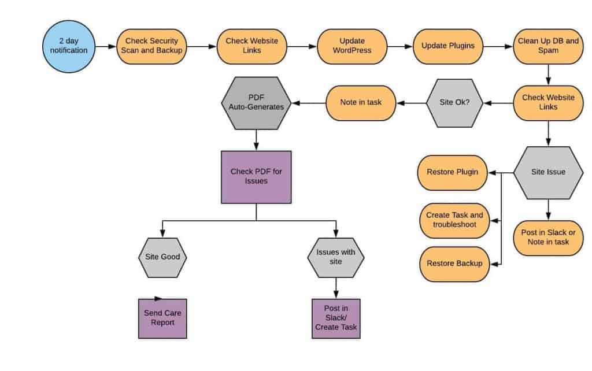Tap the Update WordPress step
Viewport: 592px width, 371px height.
351,46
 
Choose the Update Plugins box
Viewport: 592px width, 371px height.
448,46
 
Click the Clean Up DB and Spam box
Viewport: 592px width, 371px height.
548,46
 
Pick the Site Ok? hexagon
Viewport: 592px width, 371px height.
454,103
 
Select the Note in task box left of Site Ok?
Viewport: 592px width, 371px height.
361,103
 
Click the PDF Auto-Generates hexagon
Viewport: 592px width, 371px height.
256,103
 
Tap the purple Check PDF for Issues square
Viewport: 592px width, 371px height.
256,177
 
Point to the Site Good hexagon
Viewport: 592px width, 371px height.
162,257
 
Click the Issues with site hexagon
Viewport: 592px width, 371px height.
336,257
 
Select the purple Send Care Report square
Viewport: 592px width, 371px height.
162,318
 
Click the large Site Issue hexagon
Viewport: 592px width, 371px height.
548,172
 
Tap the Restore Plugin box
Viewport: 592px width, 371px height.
452,172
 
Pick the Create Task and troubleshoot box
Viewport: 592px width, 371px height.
454,220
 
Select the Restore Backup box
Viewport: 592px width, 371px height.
454,264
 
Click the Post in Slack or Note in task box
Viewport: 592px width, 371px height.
548,238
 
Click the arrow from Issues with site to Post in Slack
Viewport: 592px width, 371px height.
336,288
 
